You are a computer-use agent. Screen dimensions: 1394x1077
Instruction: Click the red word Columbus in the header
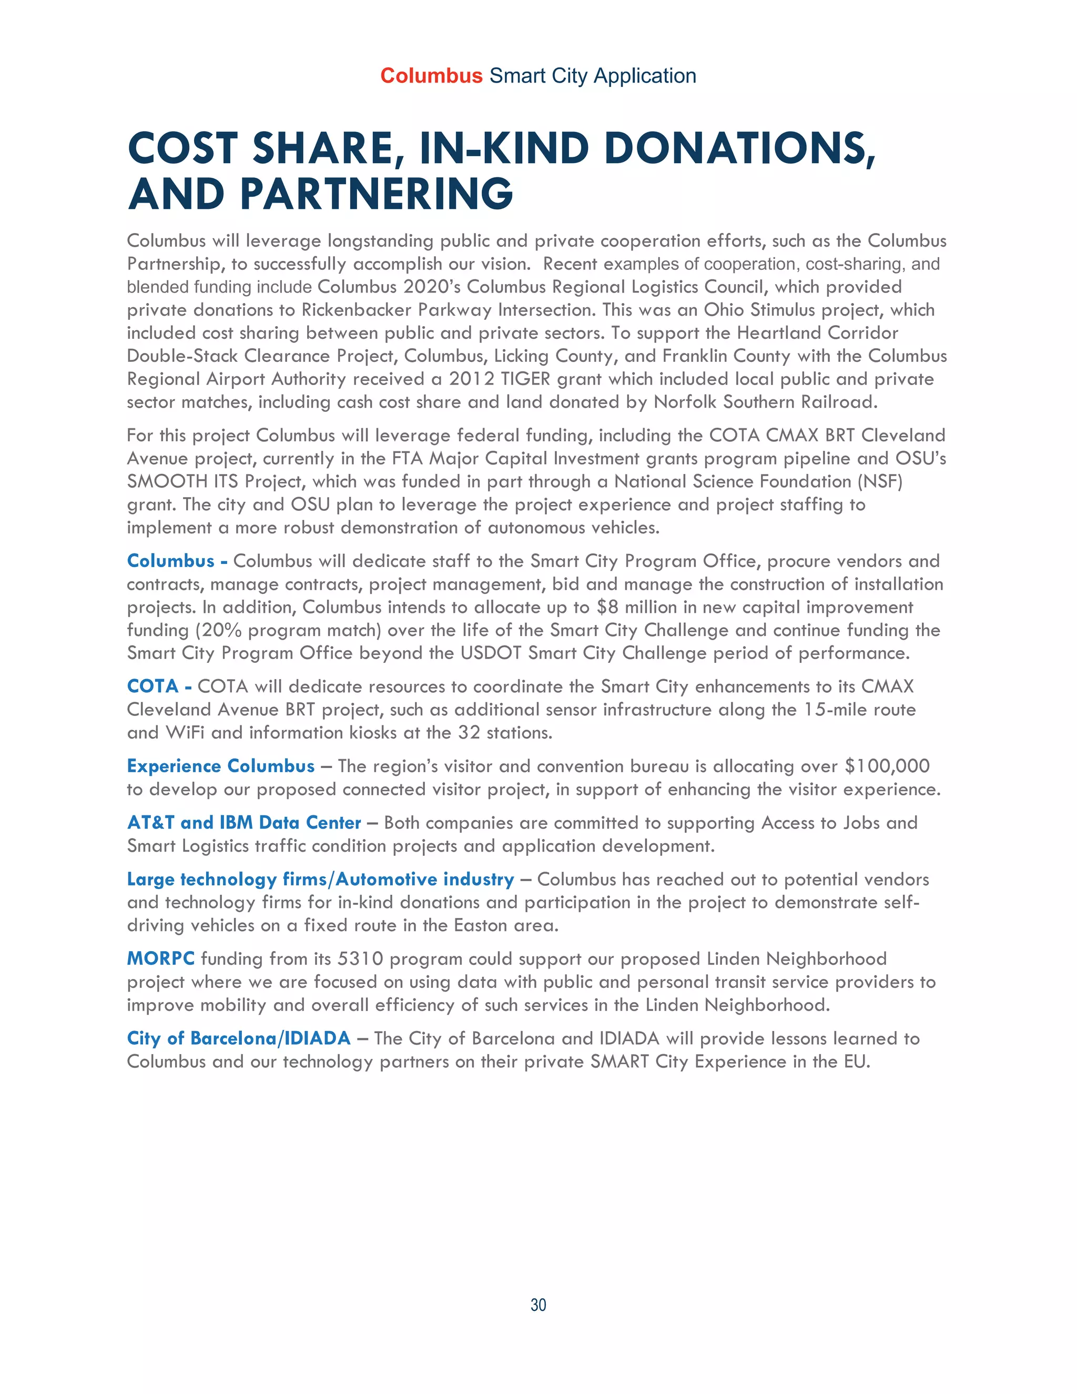pos(431,76)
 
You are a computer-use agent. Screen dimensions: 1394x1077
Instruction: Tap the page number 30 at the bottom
pos(538,1305)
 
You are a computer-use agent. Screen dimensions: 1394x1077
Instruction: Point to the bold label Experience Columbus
pos(221,766)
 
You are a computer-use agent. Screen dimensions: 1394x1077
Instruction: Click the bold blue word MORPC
pos(161,958)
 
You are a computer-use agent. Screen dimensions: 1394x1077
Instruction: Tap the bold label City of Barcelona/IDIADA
pos(239,1038)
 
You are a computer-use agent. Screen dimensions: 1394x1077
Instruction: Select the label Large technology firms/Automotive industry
pos(320,880)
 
